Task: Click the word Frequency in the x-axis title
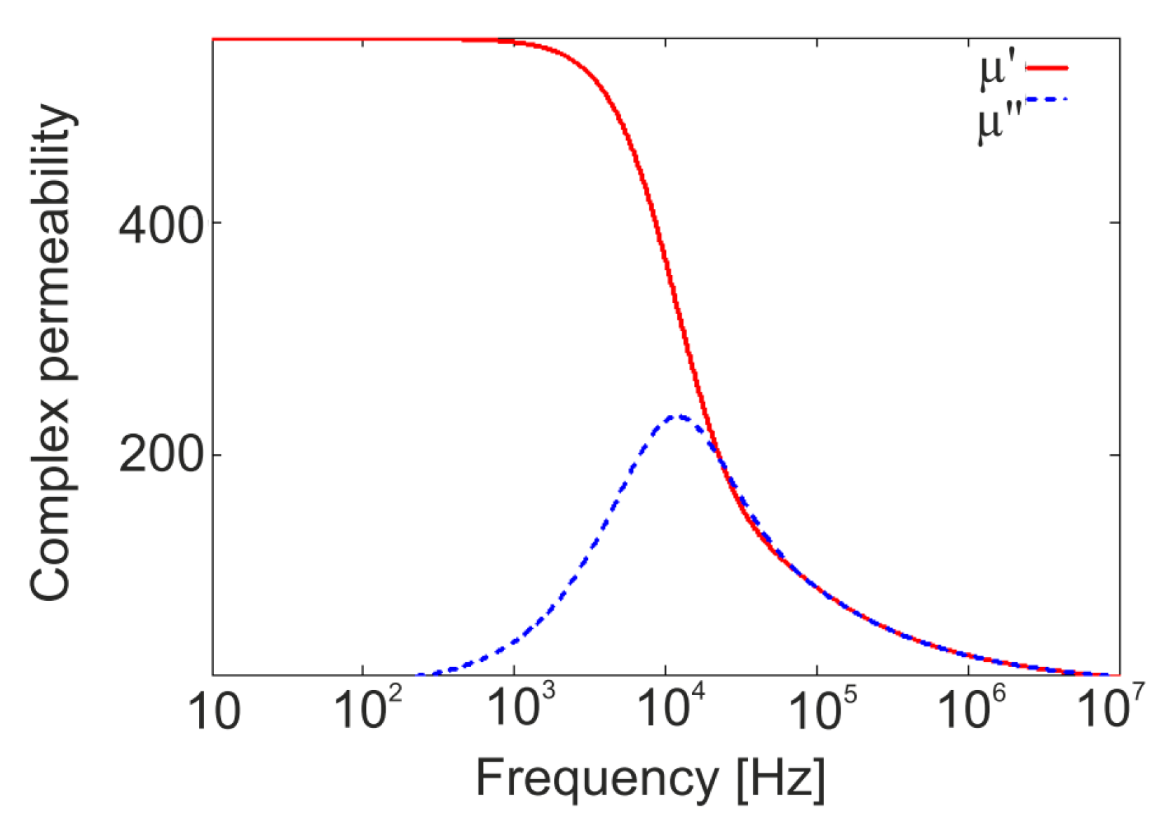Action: coord(593,778)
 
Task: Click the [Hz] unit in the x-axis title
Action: coord(780,778)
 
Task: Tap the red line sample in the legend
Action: coord(1047,68)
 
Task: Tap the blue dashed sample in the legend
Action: coord(1047,100)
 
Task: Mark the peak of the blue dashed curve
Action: coord(676,417)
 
